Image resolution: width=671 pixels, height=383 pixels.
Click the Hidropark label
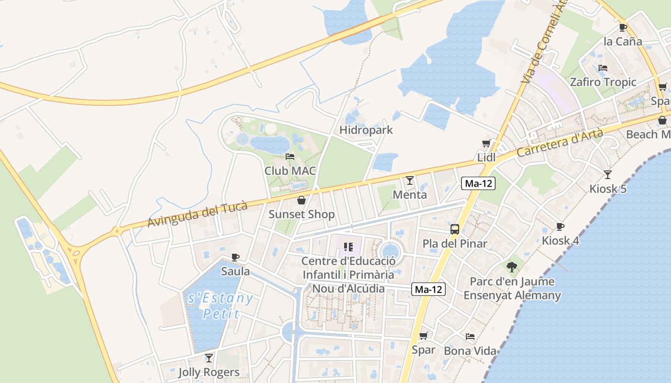tap(366, 130)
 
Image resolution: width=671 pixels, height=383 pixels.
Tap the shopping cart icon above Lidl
tap(486, 144)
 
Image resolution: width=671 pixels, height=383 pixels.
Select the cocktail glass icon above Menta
tap(409, 180)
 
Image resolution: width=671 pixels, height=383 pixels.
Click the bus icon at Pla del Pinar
tap(454, 229)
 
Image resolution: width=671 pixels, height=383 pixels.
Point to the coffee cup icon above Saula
tap(235, 258)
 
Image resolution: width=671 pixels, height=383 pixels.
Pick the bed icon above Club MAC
tap(290, 157)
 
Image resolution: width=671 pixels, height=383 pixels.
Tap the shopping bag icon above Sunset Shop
tap(301, 200)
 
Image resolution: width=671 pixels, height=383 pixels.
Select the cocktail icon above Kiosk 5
tap(608, 175)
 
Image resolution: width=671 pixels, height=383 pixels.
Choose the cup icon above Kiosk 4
tap(560, 226)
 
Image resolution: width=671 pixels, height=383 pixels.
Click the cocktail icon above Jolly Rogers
tap(208, 358)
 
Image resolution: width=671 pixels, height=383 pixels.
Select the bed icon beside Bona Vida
tap(470, 337)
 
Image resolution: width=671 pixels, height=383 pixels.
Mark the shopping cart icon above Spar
tap(423, 336)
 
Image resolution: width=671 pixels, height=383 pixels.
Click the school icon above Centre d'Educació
tap(348, 247)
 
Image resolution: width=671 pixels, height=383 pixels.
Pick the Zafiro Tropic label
tap(603, 82)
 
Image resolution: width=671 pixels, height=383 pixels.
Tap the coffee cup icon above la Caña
tap(623, 27)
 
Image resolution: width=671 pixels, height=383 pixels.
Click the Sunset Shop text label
tap(301, 214)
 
